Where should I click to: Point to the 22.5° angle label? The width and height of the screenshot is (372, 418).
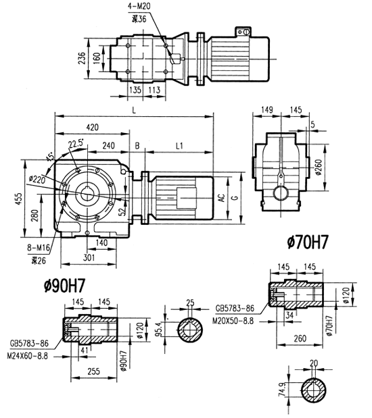pyautogui.click(x=76, y=143)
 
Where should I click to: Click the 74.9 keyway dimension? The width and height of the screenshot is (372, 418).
pyautogui.click(x=281, y=390)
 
